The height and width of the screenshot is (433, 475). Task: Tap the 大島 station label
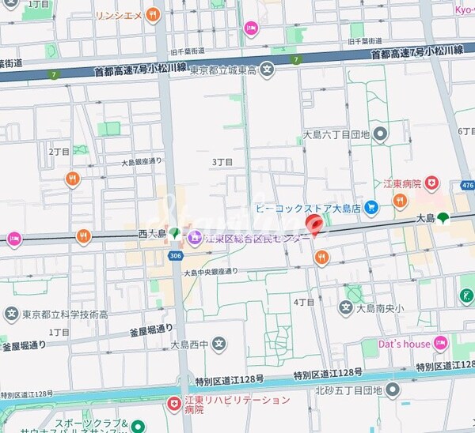pyautogui.click(x=424, y=218)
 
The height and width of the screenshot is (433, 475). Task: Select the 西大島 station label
pyautogui.click(x=152, y=233)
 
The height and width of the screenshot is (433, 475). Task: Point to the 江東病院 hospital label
pyautogui.click(x=398, y=183)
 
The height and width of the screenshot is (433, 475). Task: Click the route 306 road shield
pyautogui.click(x=175, y=255)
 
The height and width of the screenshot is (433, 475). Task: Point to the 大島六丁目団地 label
pyautogui.click(x=336, y=134)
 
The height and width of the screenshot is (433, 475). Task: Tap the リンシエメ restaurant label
pyautogui.click(x=118, y=14)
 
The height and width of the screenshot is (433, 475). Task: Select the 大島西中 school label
pyautogui.click(x=189, y=345)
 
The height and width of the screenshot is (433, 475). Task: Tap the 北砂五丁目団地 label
pyautogui.click(x=348, y=390)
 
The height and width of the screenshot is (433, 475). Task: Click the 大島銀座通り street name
pyautogui.click(x=142, y=162)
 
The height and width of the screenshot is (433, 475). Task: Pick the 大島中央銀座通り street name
pyautogui.click(x=211, y=272)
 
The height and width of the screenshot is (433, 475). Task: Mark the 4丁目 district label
pyautogui.click(x=304, y=302)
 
